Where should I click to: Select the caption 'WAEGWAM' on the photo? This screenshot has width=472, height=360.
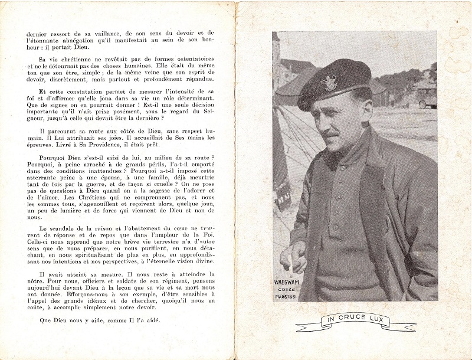tap(287, 282)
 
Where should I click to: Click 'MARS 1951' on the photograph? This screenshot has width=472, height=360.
tap(287, 296)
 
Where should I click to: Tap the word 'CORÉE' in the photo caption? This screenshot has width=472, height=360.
tap(287, 289)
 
